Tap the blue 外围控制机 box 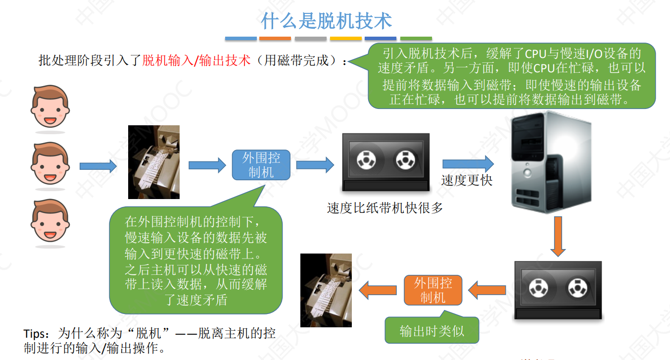click(x=261, y=165)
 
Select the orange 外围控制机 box click(x=433, y=290)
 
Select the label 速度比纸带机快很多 click(x=385, y=208)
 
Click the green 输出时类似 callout click(x=432, y=331)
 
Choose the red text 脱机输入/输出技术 click(x=196, y=61)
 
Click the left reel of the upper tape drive click(x=366, y=160)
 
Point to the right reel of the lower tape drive click(x=577, y=288)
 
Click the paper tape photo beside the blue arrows click(x=153, y=162)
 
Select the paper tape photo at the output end click(x=326, y=290)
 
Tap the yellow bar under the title click(x=346, y=38)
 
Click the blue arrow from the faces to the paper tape click(x=98, y=166)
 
